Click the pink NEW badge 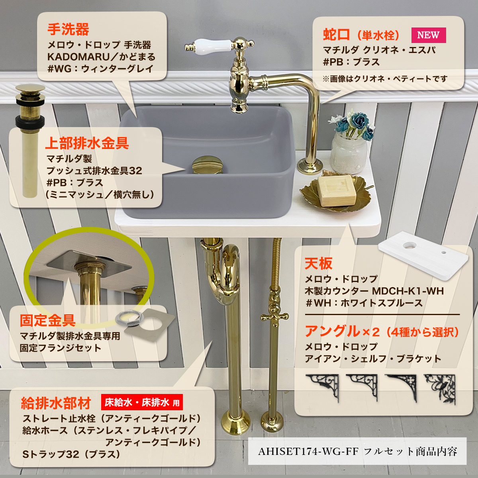tap(428, 35)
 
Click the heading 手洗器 tap(68, 29)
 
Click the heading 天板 tap(318, 263)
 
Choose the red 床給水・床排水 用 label tap(142, 402)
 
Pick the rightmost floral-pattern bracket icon tap(439, 387)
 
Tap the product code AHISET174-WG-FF tap(308, 452)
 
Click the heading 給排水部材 tap(56, 403)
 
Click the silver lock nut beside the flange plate tap(127, 319)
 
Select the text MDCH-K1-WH tap(407, 291)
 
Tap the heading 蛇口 tap(336, 35)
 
